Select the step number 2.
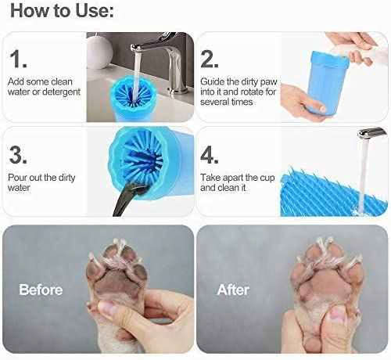click(x=210, y=59)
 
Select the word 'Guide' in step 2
click(x=213, y=81)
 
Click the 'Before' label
click(x=41, y=289)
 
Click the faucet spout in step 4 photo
click(x=371, y=132)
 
